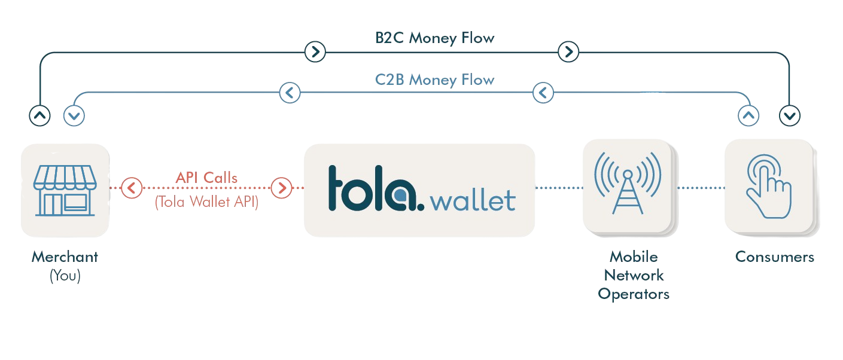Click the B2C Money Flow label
[x=435, y=38]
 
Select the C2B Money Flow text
[x=435, y=80]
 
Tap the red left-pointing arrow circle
[x=132, y=188]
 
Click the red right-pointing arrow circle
[x=282, y=188]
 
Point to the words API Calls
[x=206, y=178]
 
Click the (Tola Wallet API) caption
[x=206, y=202]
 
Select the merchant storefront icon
[x=65, y=190]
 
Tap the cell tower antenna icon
[x=628, y=183]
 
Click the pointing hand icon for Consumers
[x=769, y=186]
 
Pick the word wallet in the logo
[x=473, y=201]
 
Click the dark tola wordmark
[x=376, y=188]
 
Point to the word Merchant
[x=65, y=257]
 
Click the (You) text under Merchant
[x=65, y=276]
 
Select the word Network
[x=634, y=275]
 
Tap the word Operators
[x=634, y=294]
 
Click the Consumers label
[x=775, y=257]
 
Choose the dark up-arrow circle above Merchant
[x=40, y=115]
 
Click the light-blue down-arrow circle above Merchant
[x=74, y=115]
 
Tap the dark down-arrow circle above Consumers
[x=790, y=115]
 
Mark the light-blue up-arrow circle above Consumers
[x=748, y=115]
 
